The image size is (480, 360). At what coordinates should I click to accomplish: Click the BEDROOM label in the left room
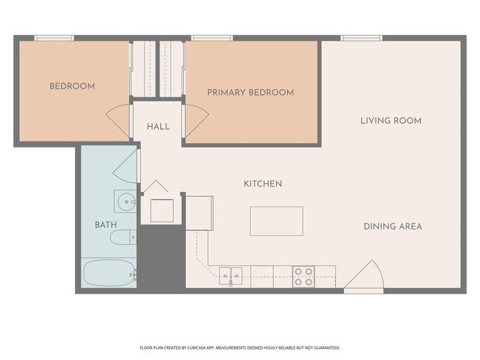(72, 86)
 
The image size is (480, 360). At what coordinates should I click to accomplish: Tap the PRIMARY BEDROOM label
(251, 92)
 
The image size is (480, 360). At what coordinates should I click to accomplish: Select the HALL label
(158, 127)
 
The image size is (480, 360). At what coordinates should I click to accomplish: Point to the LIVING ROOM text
(391, 120)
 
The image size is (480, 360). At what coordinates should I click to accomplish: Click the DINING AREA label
(393, 226)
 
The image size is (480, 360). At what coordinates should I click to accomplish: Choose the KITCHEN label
(263, 184)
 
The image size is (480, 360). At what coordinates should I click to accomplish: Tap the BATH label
(106, 225)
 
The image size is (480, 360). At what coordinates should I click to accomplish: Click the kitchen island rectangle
(276, 221)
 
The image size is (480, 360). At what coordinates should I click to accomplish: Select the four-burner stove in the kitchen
(304, 277)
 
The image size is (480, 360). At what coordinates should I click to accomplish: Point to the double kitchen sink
(230, 276)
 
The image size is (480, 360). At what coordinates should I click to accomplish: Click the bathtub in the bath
(109, 273)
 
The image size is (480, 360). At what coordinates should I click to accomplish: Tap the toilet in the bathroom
(123, 237)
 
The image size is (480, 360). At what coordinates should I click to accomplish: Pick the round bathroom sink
(126, 201)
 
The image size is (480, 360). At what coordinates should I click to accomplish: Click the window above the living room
(361, 38)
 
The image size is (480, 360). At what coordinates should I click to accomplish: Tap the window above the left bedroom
(54, 38)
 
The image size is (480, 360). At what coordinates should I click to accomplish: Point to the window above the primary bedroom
(212, 38)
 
